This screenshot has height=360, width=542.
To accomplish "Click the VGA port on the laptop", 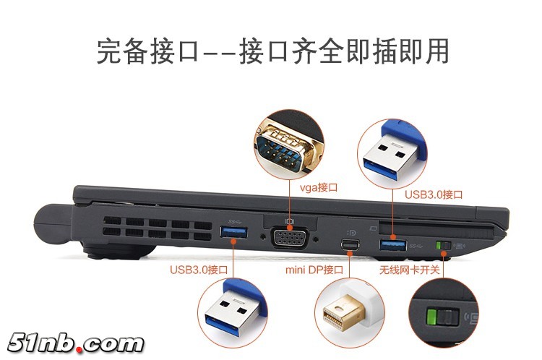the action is click(289, 238).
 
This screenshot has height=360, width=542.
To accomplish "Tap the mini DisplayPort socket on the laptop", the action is click(350, 245).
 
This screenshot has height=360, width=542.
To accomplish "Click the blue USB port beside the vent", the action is click(233, 232).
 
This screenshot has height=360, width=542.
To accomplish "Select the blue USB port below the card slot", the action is click(393, 244).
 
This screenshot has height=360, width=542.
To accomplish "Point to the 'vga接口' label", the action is click(319, 187).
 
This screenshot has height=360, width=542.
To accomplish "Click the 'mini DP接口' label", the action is click(314, 270).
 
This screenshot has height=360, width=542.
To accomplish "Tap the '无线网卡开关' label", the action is click(410, 270).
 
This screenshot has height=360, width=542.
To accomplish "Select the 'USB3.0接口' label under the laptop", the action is click(199, 270).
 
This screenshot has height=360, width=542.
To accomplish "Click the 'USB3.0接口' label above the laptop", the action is click(434, 194).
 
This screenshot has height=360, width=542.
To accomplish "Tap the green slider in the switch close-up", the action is click(431, 317).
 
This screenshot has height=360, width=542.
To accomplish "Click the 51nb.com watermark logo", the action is click(75, 343).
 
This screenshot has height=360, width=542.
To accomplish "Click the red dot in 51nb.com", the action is click(79, 349).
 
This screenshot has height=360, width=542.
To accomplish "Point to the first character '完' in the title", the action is click(109, 51).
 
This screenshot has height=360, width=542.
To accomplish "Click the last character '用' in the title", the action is click(436, 51).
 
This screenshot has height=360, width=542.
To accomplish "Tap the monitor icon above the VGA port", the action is click(289, 220).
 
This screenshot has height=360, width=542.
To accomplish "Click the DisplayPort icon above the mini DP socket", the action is click(351, 233).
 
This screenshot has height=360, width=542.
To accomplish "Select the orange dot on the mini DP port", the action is click(350, 254).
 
